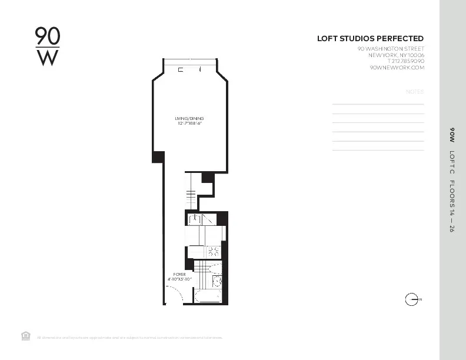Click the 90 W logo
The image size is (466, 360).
(x=47, y=46)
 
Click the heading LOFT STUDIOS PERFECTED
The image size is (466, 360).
(x=370, y=39)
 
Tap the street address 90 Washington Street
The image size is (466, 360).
(x=391, y=49)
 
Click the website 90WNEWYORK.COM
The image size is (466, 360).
(x=397, y=68)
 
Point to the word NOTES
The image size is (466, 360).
(x=414, y=92)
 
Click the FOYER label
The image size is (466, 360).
(x=179, y=274)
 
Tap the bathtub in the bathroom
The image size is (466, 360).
(x=207, y=296)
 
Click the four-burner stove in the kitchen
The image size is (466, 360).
(x=213, y=251)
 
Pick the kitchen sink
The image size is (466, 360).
(x=195, y=219)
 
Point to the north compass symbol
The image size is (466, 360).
(x=412, y=299)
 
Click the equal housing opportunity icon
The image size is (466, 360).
(x=25, y=336)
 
